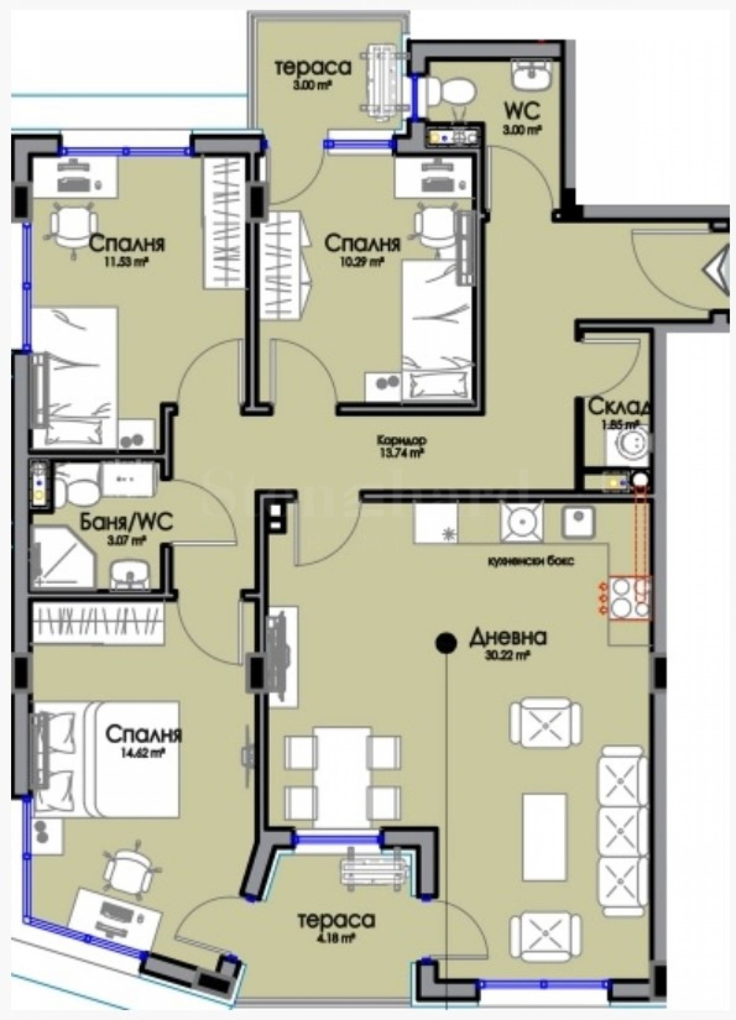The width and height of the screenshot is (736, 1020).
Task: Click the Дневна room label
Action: click(507, 638)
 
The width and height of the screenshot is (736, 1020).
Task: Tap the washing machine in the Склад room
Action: click(628, 444)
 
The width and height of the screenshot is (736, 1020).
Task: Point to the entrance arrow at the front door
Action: click(718, 270)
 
